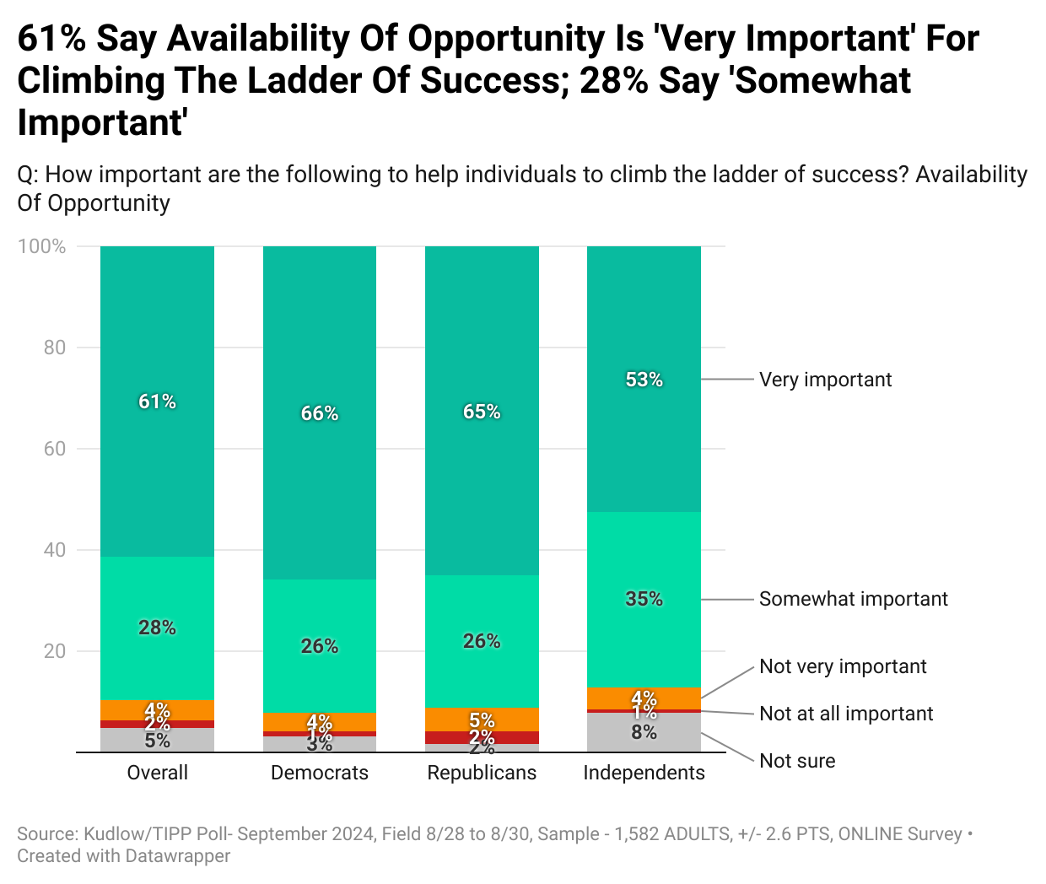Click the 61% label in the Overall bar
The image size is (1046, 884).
pos(157,402)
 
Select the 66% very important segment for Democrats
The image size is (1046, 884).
pos(320,413)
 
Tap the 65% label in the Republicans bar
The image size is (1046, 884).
pos(482,412)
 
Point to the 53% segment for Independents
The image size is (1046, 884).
pos(644,380)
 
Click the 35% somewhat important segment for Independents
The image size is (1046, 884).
pos(644,599)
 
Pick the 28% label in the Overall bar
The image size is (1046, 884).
pos(157,628)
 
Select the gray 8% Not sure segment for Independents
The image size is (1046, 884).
pos(644,732)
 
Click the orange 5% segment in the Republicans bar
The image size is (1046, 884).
pos(482,720)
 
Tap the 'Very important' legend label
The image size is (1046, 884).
pos(825,380)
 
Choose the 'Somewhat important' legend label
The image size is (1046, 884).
pos(853,599)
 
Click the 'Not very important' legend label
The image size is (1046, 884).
pos(843,666)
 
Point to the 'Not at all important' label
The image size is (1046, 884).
pos(846,714)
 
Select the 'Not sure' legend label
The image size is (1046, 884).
pos(797,761)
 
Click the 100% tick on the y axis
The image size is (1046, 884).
pos(42,246)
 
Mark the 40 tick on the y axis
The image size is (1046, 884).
pos(55,550)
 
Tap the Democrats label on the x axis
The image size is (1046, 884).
pos(320,773)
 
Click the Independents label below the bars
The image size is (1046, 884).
pos(644,773)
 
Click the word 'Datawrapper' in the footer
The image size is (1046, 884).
pos(177,855)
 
